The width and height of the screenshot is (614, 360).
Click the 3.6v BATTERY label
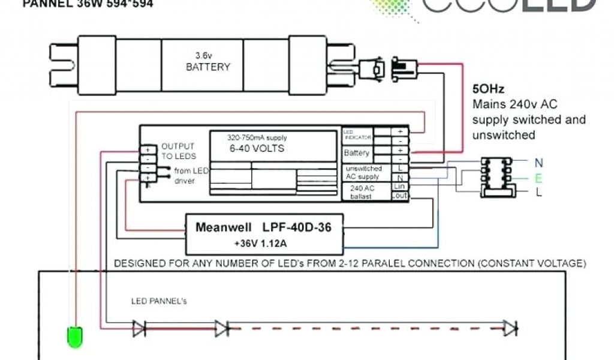point(207,61)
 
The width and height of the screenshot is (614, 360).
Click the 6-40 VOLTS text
point(255,148)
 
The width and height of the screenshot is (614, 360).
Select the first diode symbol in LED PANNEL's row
point(139,328)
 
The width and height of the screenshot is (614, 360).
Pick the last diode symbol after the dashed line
point(510,328)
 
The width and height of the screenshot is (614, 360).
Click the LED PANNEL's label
point(159,301)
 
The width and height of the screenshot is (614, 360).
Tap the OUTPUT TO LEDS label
point(177,151)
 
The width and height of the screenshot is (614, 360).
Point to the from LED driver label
point(191,176)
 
